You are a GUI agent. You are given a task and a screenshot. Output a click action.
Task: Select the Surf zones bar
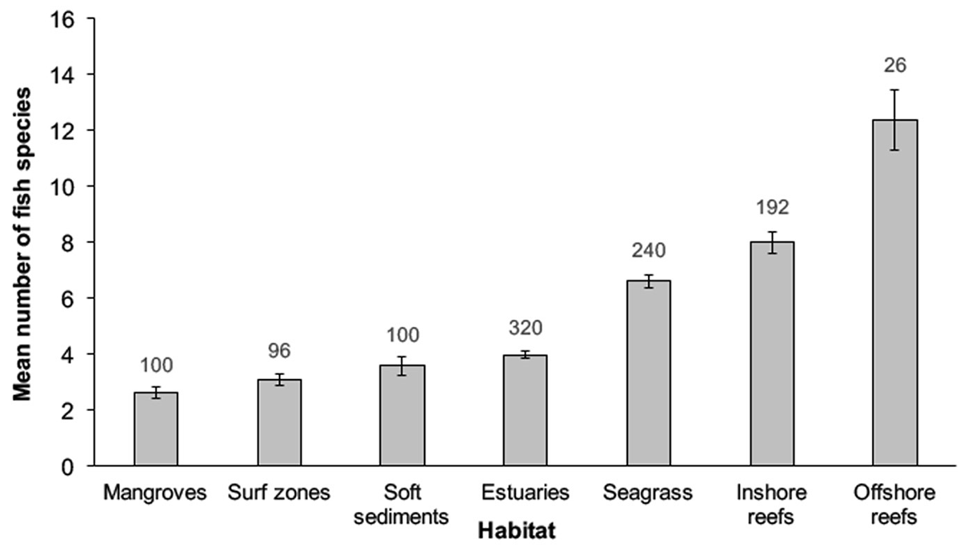[279, 423]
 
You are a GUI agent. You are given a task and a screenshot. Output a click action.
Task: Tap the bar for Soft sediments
[402, 416]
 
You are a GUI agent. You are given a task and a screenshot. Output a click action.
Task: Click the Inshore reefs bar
[772, 354]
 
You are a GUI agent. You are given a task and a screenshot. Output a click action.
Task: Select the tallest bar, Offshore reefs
[895, 293]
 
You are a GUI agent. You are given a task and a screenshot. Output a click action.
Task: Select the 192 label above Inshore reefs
[772, 207]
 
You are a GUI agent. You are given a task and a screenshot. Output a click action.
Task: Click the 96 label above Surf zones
[279, 351]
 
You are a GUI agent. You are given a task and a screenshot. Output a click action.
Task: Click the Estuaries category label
[526, 493]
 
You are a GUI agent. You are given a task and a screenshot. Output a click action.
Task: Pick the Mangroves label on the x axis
[156, 493]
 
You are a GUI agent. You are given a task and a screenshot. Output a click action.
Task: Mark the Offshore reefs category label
[895, 504]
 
